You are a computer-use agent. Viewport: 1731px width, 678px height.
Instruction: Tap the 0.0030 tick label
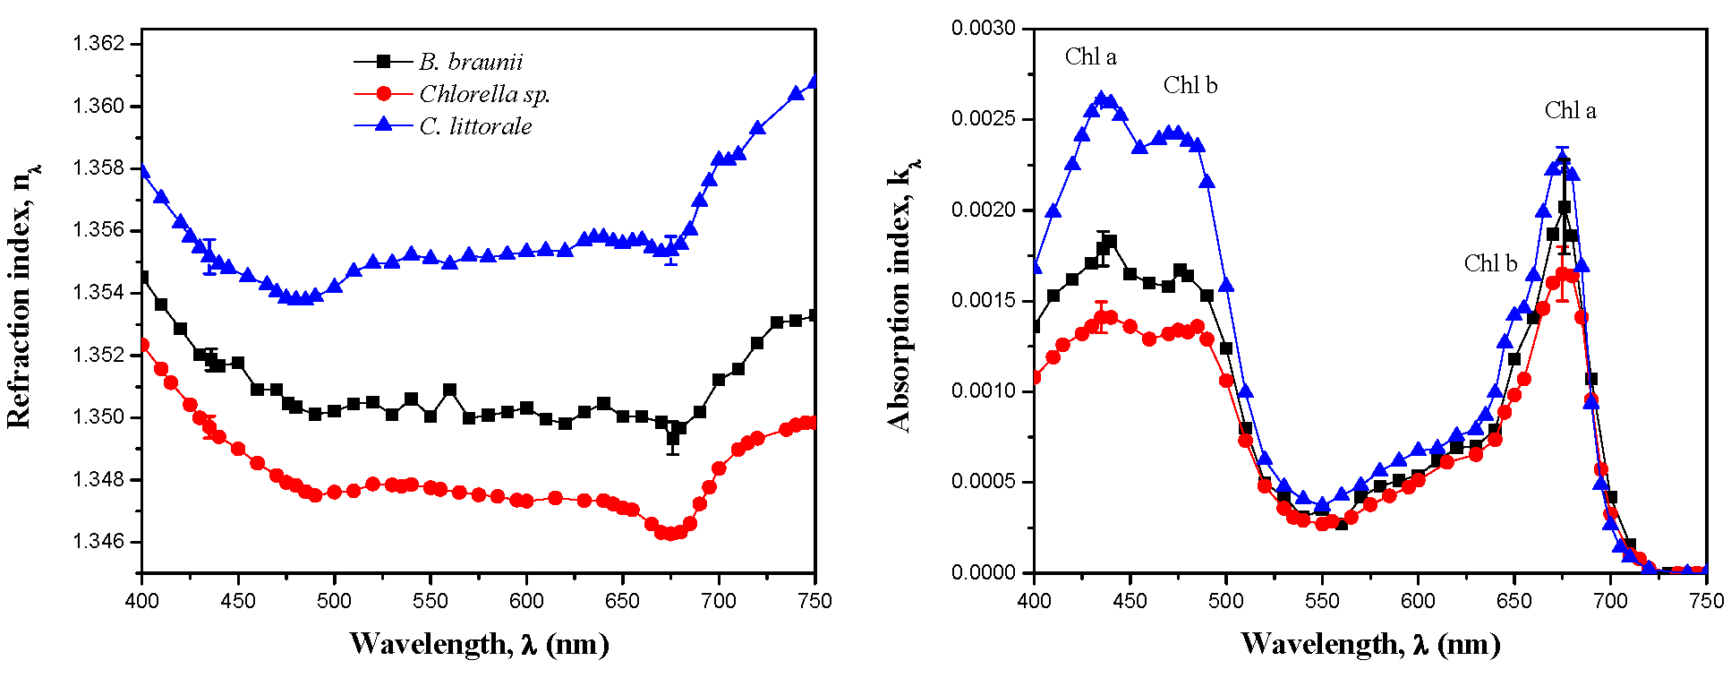[x=984, y=29]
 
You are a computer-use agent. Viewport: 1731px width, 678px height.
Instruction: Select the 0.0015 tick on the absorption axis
[x=984, y=300]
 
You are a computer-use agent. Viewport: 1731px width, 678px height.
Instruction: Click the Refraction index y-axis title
[x=21, y=296]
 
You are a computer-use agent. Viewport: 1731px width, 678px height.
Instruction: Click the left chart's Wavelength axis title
[x=479, y=644]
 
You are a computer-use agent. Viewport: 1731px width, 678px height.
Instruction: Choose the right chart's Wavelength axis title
[x=1370, y=644]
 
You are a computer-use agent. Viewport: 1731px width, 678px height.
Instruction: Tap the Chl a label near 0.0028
[x=1090, y=57]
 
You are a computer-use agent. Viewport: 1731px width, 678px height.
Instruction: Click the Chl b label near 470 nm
[x=1190, y=86]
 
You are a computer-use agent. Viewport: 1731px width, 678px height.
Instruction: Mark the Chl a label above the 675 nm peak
[x=1570, y=111]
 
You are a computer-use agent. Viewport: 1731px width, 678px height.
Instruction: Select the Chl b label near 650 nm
[x=1490, y=263]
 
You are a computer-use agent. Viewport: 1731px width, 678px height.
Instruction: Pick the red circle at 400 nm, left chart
[x=142, y=345]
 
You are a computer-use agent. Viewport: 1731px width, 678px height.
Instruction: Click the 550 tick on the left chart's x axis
[x=431, y=601]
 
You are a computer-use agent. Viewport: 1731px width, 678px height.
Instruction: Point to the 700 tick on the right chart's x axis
[x=1610, y=601]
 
